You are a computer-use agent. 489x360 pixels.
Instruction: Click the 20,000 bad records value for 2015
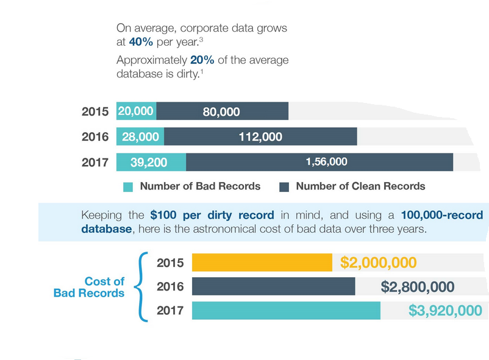pyautogui.click(x=136, y=111)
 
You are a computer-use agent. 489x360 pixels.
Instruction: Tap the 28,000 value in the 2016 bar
pyautogui.click(x=140, y=137)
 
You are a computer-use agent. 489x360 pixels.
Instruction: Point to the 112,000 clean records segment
pyautogui.click(x=260, y=137)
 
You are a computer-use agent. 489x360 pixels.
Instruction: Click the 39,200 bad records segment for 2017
pyautogui.click(x=150, y=162)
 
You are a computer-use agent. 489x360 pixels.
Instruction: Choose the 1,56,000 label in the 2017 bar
pyautogui.click(x=326, y=161)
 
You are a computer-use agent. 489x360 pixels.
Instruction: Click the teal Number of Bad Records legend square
pyautogui.click(x=127, y=187)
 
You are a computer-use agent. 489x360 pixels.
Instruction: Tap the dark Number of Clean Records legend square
pyautogui.click(x=284, y=187)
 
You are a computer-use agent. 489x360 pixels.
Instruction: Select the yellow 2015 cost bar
pyautogui.click(x=262, y=263)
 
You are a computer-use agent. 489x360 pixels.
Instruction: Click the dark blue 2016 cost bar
pyautogui.click(x=273, y=286)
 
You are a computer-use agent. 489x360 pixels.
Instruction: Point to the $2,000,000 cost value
pyautogui.click(x=378, y=263)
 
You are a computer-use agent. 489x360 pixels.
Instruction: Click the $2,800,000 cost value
pyautogui.click(x=417, y=287)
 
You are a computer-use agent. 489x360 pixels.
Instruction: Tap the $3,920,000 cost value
pyautogui.click(x=445, y=311)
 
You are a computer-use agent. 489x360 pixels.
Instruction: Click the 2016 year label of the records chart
pyautogui.click(x=95, y=137)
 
